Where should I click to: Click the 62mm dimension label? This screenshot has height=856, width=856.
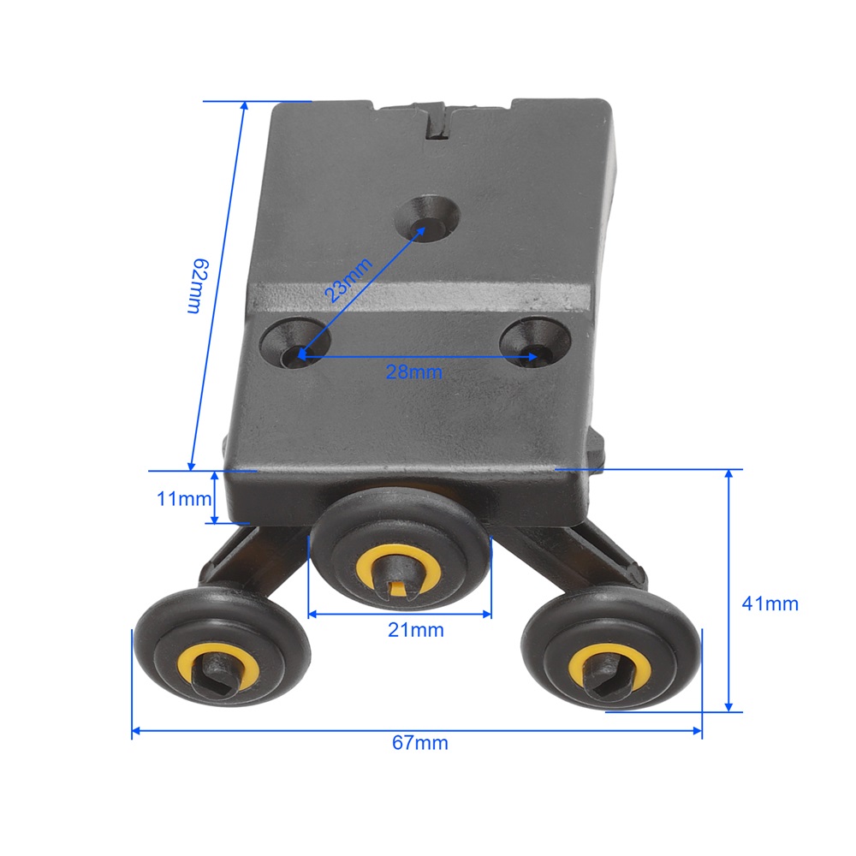(x=197, y=286)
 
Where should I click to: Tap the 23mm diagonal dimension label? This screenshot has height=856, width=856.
(x=348, y=280)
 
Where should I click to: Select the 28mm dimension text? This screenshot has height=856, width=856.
(x=413, y=372)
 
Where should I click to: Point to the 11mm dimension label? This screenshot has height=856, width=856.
(x=183, y=498)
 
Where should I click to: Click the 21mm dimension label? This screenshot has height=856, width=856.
(x=416, y=630)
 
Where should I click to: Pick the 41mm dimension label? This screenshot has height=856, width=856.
(x=770, y=603)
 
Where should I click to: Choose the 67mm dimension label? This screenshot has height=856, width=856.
(x=419, y=742)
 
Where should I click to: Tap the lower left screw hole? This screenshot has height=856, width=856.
(x=295, y=344)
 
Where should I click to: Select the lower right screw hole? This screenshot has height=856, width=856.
(x=535, y=343)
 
